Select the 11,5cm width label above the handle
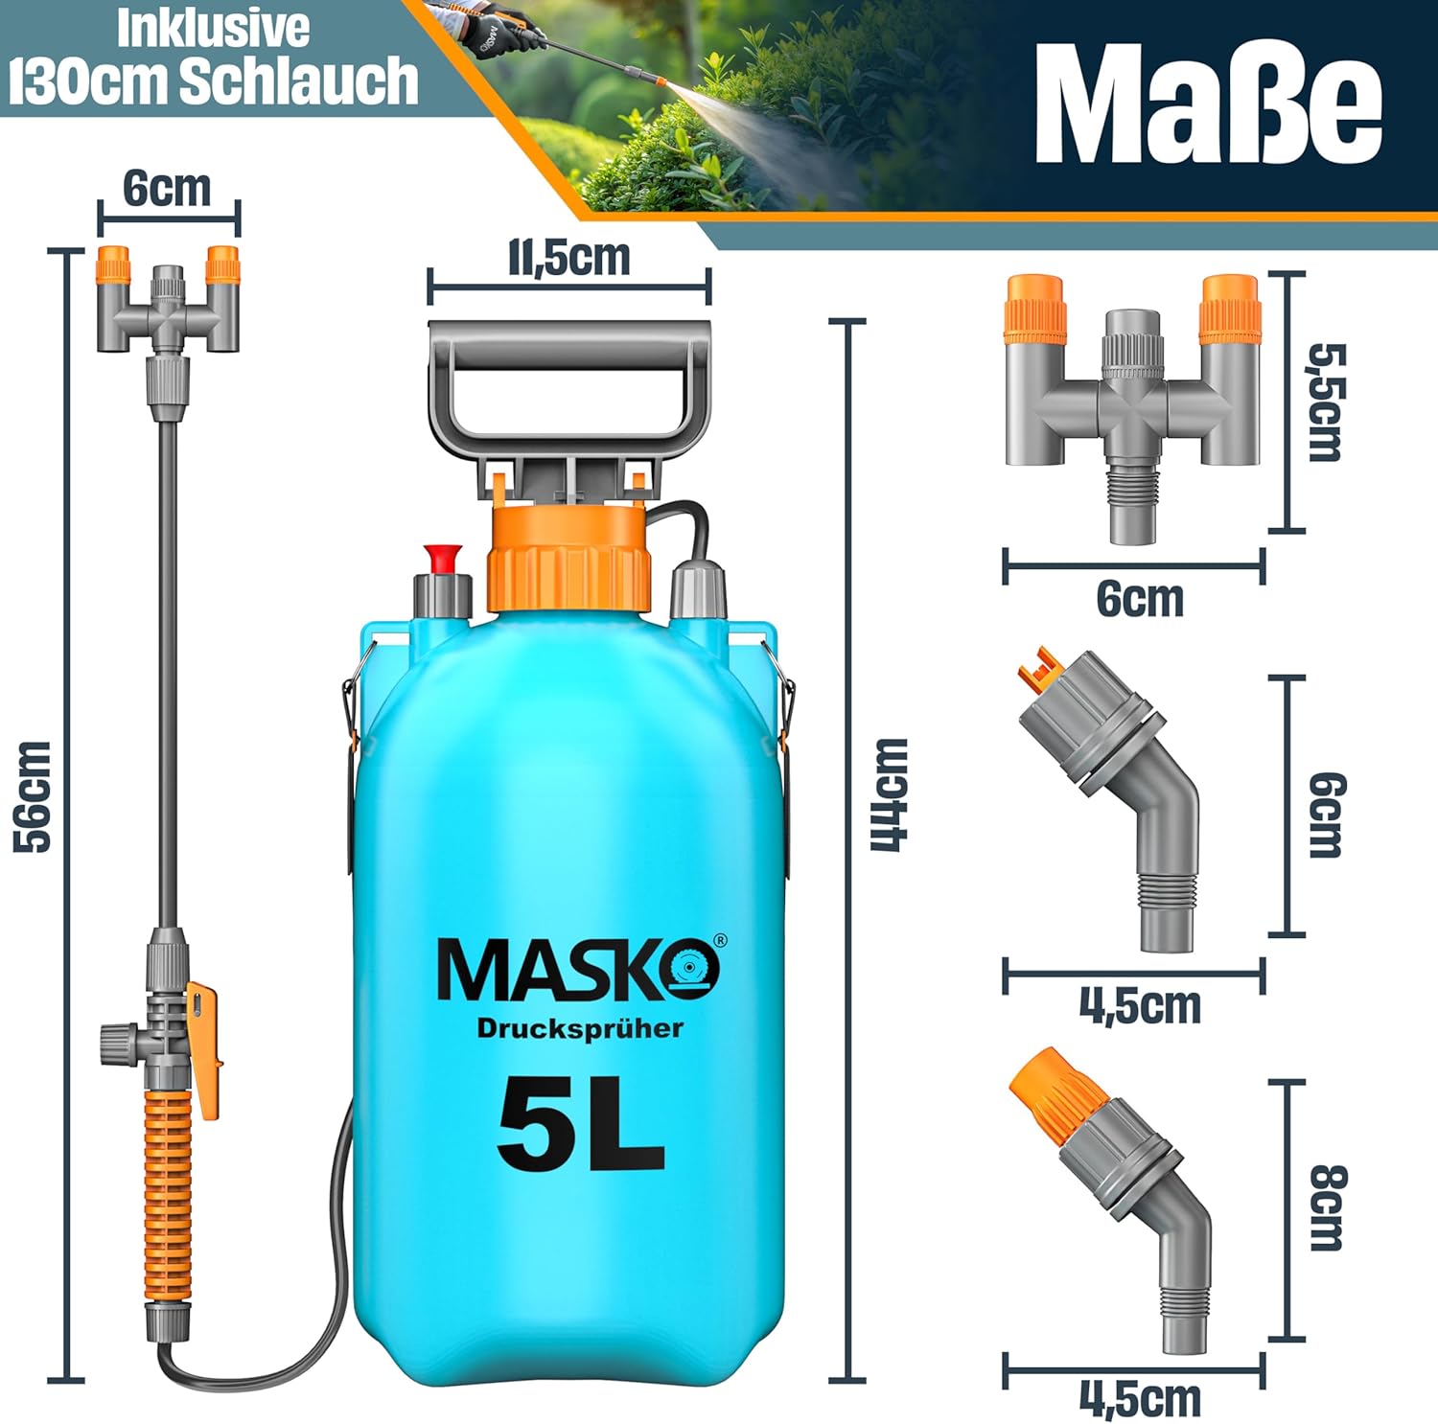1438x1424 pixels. click(x=568, y=257)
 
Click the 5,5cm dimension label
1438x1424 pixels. click(x=1327, y=402)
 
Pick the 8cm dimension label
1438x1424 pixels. click(x=1328, y=1207)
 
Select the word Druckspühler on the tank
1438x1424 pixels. click(x=580, y=1028)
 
